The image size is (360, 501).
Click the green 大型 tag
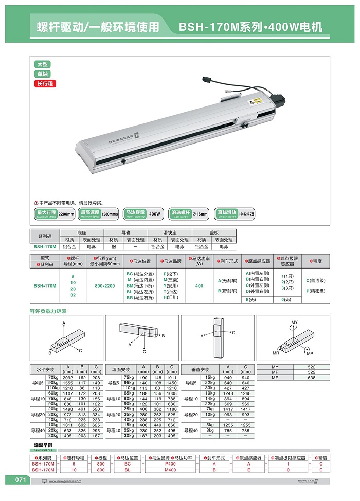[43, 64]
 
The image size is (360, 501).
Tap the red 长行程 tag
[44, 83]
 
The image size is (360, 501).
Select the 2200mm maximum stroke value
[66, 213]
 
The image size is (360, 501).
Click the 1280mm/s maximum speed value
[110, 213]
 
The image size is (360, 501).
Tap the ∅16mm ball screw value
[201, 213]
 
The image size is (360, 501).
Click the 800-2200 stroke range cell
[102, 285]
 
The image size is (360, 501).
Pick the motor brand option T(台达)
[171, 291]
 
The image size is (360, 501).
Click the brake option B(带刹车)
[227, 291]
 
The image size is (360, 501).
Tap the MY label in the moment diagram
[294, 322]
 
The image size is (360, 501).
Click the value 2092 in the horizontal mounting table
[67, 378]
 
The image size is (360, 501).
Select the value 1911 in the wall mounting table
[171, 378]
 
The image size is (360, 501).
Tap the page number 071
[20, 480]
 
